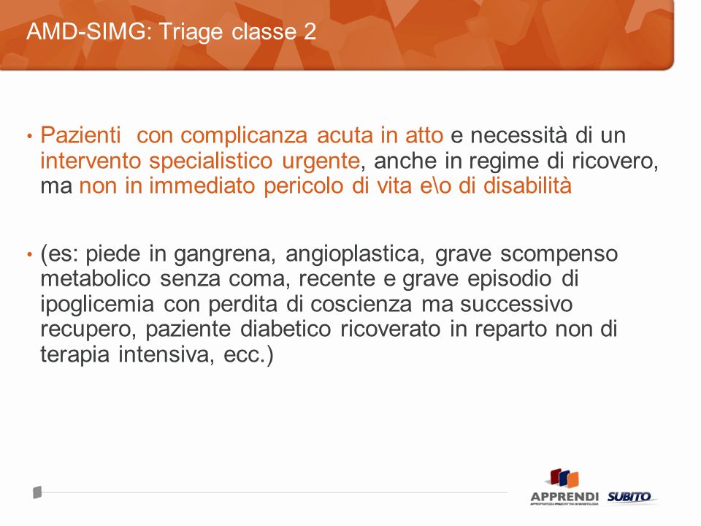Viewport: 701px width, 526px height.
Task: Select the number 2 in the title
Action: pyautogui.click(x=310, y=31)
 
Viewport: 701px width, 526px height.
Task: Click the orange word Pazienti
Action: pyautogui.click(x=80, y=134)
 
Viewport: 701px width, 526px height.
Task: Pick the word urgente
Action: pyautogui.click(x=321, y=161)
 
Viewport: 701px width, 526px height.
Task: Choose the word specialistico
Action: pyautogui.click(x=210, y=161)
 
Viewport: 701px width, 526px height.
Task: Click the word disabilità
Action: pyautogui.click(x=527, y=185)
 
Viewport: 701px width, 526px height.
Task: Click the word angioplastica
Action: pyautogui.click(x=355, y=254)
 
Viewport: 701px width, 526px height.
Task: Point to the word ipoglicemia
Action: pyautogui.click(x=97, y=305)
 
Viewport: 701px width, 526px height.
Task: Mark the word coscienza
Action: pyautogui.click(x=361, y=304)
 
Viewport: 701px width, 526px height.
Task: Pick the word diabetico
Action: pyautogui.click(x=286, y=329)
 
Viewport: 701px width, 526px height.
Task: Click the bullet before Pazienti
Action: pyautogui.click(x=30, y=136)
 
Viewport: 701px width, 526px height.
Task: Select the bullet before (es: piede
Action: pyautogui.click(x=30, y=255)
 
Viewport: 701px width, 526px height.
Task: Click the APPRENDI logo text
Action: pyautogui.click(x=564, y=497)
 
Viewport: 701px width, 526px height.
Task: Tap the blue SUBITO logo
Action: pyautogui.click(x=629, y=497)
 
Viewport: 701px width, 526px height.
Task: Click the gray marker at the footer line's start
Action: pyautogui.click(x=37, y=492)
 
